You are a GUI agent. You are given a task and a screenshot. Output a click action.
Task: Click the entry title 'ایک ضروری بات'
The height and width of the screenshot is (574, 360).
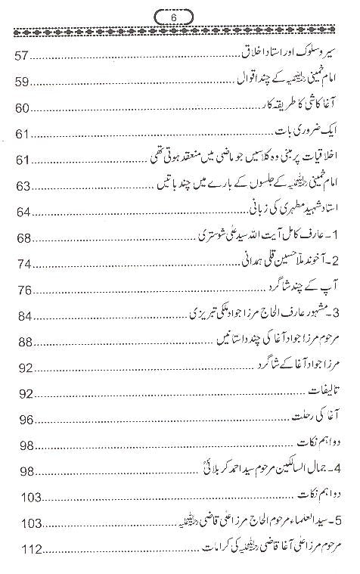315,135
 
